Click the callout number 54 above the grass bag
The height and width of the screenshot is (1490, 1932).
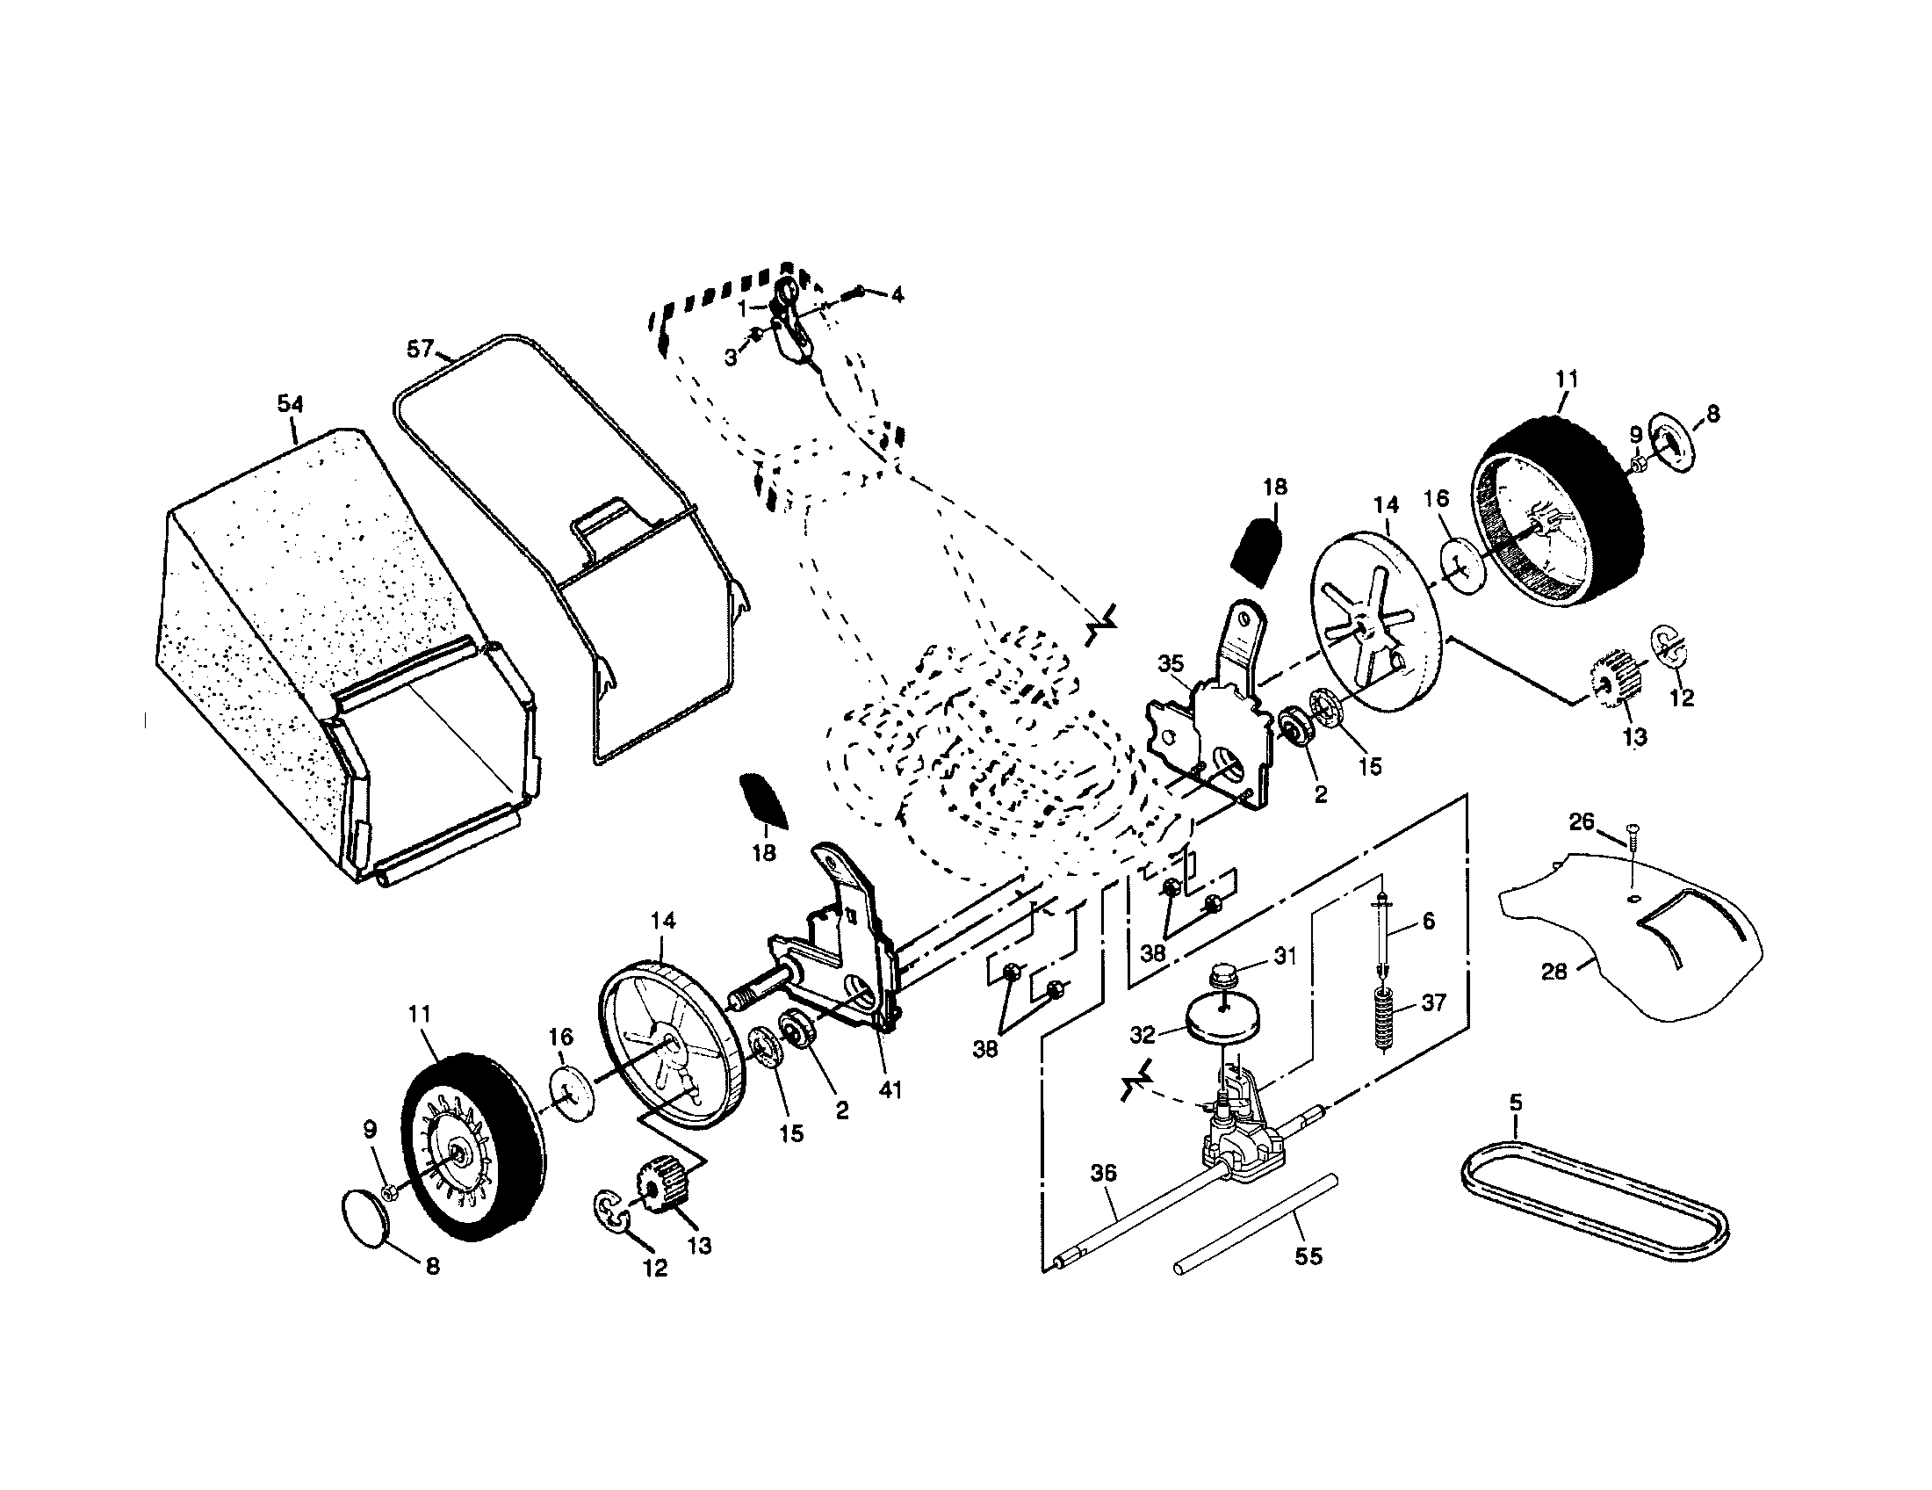click(x=290, y=404)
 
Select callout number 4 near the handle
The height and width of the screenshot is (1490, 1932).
click(x=897, y=295)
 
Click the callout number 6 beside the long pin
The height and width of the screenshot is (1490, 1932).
click(x=1428, y=921)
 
